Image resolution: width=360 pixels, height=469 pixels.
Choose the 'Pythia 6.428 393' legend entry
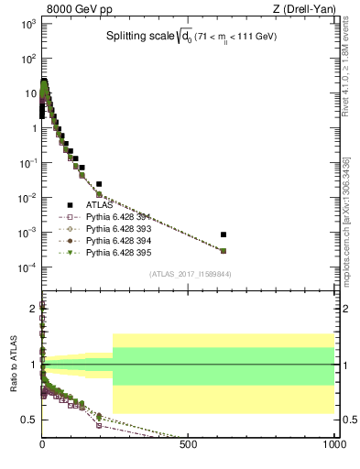click(x=116, y=227)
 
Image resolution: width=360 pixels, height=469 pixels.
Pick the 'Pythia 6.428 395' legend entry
click(x=116, y=250)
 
